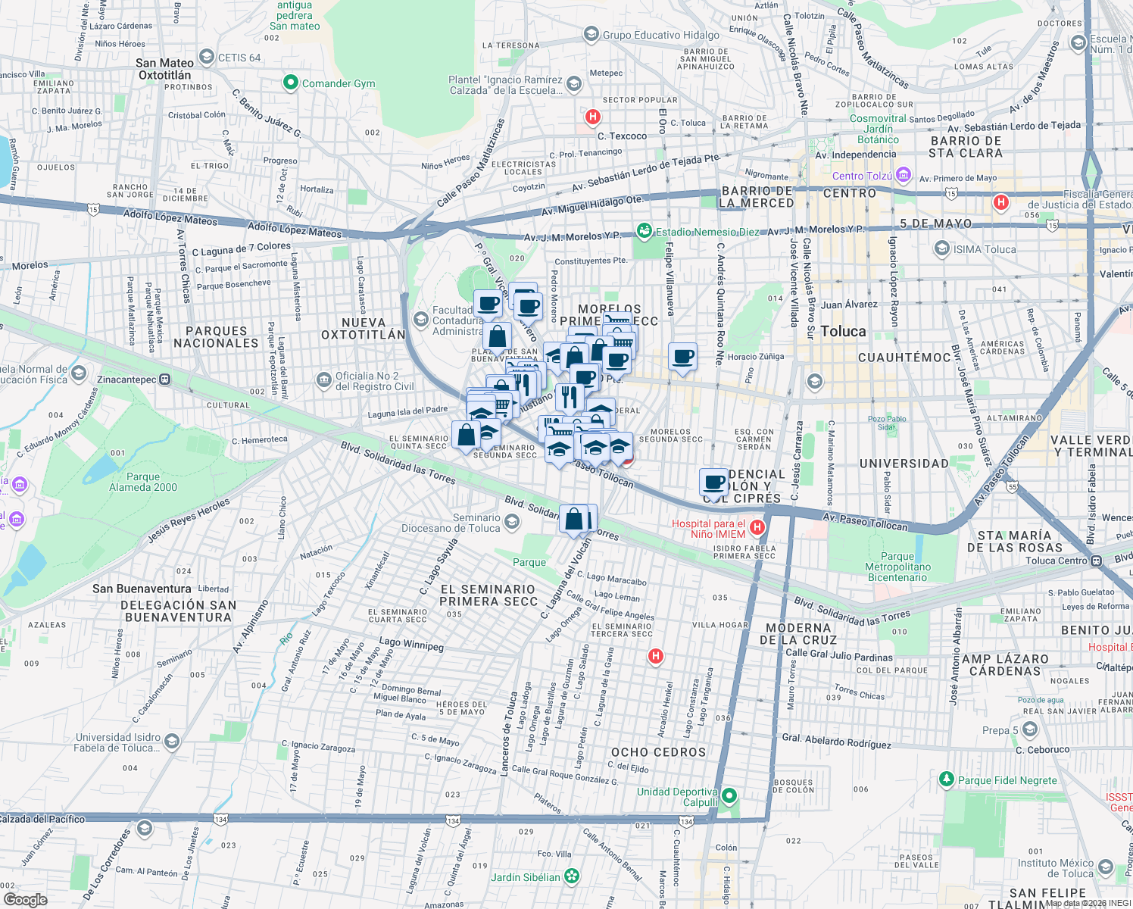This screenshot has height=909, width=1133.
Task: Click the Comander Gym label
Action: [338, 83]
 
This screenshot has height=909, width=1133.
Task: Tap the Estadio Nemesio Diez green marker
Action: [644, 231]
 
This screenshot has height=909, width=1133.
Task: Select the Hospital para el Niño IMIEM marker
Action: [756, 527]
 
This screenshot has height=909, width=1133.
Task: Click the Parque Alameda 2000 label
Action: [142, 482]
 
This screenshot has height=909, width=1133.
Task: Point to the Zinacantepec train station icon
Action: [165, 380]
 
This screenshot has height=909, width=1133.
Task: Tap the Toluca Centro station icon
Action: [1096, 561]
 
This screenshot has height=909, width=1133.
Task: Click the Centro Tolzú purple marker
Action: [903, 176]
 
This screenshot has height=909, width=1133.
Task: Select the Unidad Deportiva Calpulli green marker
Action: [729, 796]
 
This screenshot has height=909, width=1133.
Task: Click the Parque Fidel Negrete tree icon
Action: [946, 779]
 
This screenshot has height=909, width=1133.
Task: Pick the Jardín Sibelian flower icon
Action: [572, 876]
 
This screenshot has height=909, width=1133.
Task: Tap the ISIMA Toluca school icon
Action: [942, 248]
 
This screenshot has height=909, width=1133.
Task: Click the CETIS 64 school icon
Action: [206, 57]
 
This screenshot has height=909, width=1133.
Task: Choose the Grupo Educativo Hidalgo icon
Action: [591, 35]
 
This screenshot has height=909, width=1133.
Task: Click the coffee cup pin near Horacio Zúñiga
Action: [682, 356]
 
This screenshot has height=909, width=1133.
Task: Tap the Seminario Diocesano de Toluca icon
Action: [512, 522]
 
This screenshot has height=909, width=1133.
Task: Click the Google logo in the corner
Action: [25, 899]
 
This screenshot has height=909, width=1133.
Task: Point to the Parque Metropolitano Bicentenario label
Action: [897, 567]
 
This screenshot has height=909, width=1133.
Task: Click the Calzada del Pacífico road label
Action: [43, 819]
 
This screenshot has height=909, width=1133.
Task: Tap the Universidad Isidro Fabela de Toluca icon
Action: [172, 741]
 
